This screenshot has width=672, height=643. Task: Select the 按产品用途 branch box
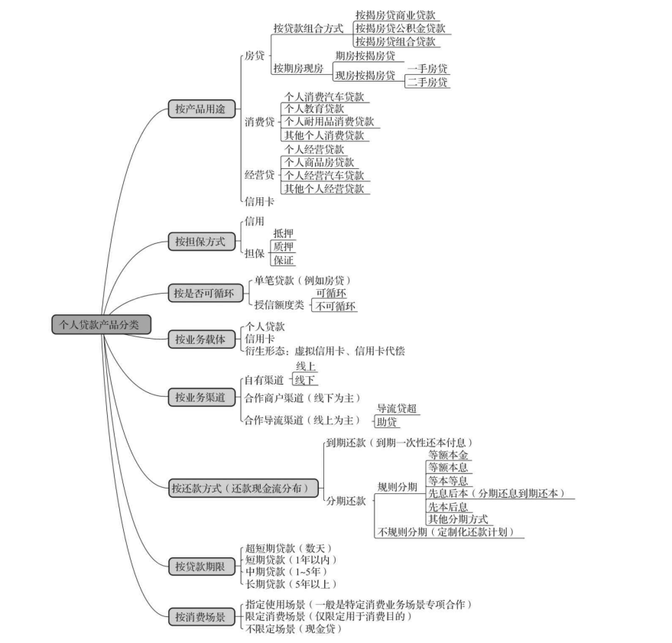[x=201, y=109]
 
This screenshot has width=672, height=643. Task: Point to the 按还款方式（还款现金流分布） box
[x=242, y=488]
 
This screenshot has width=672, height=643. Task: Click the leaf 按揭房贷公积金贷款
[x=399, y=28]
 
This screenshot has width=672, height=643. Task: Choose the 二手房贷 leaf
[x=427, y=82]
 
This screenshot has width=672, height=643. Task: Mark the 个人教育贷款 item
[x=313, y=109]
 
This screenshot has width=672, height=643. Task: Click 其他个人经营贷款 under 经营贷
[x=324, y=188]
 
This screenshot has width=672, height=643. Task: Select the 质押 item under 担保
[x=283, y=247]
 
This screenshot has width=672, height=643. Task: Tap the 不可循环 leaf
[x=336, y=306]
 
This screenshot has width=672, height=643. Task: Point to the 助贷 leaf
[x=387, y=422]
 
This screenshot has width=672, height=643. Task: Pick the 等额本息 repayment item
[x=448, y=467]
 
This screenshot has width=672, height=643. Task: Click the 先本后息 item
[x=448, y=506]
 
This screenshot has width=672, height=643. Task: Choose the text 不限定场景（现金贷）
[x=293, y=629]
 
